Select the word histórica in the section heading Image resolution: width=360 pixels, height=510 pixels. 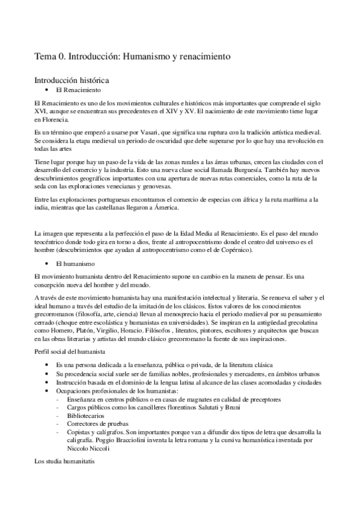(x=91, y=79)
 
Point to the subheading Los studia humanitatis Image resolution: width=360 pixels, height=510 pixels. (x=65, y=461)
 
